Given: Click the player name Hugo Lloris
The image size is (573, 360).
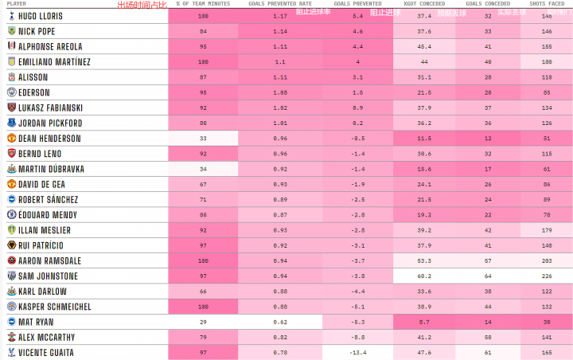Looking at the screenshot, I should [40, 16].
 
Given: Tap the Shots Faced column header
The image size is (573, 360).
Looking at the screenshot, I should [547, 4].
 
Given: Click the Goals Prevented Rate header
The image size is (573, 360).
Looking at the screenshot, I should [280, 4].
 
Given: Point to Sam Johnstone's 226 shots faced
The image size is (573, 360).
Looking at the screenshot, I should [547, 276].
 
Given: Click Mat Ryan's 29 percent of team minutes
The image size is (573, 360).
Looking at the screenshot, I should [203, 322].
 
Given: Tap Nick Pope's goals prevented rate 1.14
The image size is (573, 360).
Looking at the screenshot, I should [280, 31].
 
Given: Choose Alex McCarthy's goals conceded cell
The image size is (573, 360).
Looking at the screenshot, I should [488, 337].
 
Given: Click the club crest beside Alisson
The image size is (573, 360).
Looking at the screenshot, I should [11, 77].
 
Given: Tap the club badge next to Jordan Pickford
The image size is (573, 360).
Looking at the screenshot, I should [11, 123].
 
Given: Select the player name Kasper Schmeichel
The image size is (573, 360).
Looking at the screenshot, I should [54, 307].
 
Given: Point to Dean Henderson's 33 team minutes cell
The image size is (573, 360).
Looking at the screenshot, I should [203, 139].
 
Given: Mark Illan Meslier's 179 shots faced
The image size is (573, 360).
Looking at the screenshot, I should [547, 230].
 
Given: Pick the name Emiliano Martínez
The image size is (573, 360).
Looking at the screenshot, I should [54, 62].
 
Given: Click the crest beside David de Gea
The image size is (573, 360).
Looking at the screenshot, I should [11, 184].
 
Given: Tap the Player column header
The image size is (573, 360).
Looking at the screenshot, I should [16, 4].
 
